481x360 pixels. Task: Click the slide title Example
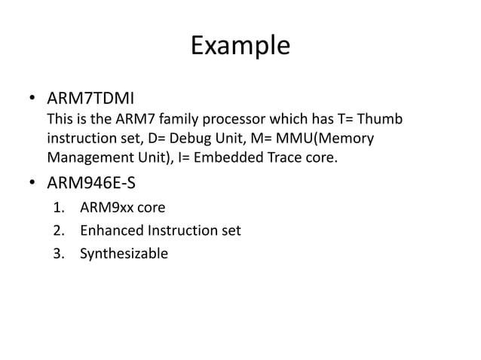240,46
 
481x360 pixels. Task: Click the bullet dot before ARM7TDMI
32,100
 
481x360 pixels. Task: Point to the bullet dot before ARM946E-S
32,183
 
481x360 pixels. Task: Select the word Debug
210,140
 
